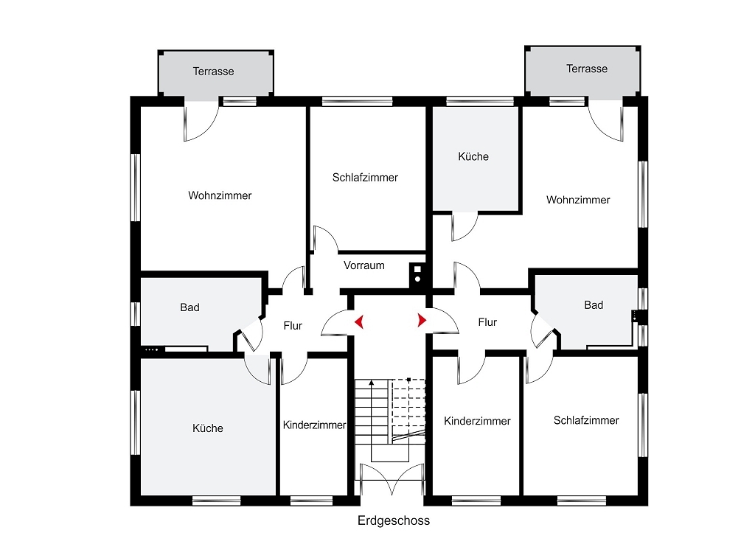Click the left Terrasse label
[213, 72]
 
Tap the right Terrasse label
[586, 69]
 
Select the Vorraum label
[363, 265]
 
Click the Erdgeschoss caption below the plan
[394, 520]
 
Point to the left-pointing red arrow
[359, 321]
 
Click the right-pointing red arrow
[422, 320]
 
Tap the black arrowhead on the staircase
[372, 383]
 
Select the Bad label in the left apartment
[189, 307]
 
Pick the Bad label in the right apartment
[594, 304]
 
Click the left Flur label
[293, 326]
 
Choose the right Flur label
[487, 322]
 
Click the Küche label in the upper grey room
[473, 156]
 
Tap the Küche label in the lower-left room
[207, 428]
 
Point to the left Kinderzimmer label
[314, 425]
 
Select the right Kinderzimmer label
[477, 421]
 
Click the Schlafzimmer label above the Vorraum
[365, 177]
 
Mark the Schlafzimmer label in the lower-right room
[586, 420]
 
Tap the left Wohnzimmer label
[220, 195]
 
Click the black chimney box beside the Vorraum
[417, 275]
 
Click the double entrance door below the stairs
[392, 479]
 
